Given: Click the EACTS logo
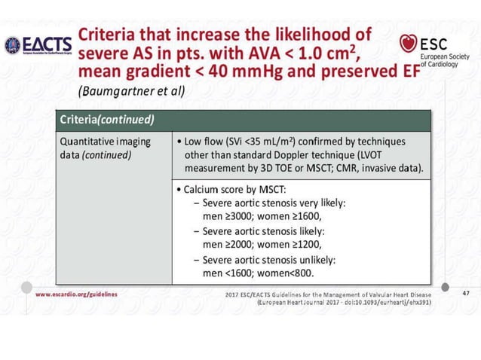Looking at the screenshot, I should pyautogui.click(x=38, y=44).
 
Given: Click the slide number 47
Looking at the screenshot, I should pyautogui.click(x=464, y=293).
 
